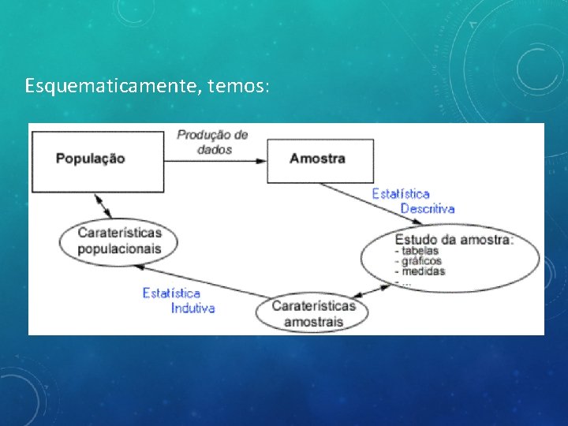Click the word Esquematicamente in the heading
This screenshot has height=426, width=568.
click(x=114, y=84)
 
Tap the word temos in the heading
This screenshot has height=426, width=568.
click(x=239, y=84)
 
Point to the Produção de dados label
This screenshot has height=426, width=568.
click(x=212, y=141)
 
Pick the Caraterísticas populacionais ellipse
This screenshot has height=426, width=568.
click(x=119, y=241)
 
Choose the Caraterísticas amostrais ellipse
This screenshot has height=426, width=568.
click(x=313, y=313)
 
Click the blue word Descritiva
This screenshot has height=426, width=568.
click(x=427, y=208)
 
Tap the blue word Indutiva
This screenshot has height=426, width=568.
click(x=192, y=308)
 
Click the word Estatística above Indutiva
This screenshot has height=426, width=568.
click(x=171, y=293)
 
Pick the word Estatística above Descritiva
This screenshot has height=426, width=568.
click(x=401, y=193)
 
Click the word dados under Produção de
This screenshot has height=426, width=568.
click(x=215, y=149)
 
